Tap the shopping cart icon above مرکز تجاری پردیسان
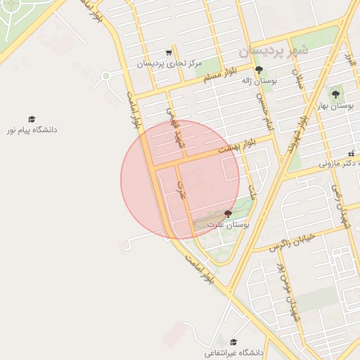pos(169,53)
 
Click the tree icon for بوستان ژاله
pos(259,70)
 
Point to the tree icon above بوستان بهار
pos(335,94)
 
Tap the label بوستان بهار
pos(334,105)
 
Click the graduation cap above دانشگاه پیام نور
pos(32,120)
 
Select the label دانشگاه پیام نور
pos(32,130)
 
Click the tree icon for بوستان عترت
pos(227,213)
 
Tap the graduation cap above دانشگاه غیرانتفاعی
pos(233,341)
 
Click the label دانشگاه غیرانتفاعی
pos(233,352)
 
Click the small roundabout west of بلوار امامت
pos(106,76)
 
